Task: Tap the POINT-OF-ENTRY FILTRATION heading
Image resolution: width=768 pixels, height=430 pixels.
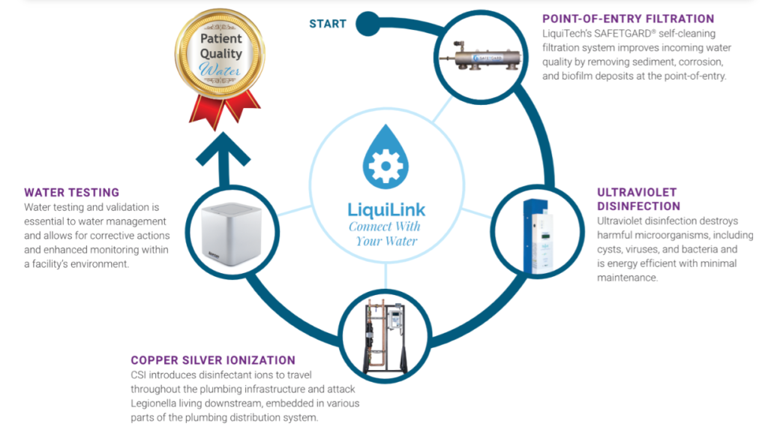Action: pyautogui.click(x=628, y=19)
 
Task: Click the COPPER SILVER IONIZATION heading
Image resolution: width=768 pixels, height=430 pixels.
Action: pyautogui.click(x=213, y=360)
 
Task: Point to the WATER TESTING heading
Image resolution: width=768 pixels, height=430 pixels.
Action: pyautogui.click(x=71, y=193)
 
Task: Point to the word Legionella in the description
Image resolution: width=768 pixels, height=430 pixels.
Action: pyautogui.click(x=156, y=403)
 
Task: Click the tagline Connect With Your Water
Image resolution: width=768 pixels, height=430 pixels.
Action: pyautogui.click(x=385, y=233)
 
